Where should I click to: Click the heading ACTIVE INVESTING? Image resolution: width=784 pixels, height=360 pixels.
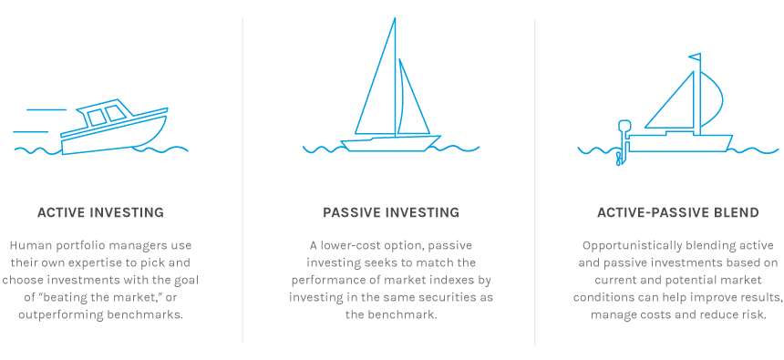pos(100,212)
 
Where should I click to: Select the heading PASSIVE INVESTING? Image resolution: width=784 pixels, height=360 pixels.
pos(391,212)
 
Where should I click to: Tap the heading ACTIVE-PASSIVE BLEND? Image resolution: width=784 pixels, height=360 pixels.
pos(678,212)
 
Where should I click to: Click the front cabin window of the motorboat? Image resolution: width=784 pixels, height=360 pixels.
pos(116,113)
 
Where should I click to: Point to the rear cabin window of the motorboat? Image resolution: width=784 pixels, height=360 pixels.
pos(97,118)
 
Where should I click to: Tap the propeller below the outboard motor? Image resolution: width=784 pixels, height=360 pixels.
pos(620,158)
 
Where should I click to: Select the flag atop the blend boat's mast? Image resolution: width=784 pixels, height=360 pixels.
pos(695,57)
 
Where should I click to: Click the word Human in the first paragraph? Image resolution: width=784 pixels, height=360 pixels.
pos(27,245)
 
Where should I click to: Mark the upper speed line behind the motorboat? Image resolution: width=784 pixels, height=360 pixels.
pos(46,109)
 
